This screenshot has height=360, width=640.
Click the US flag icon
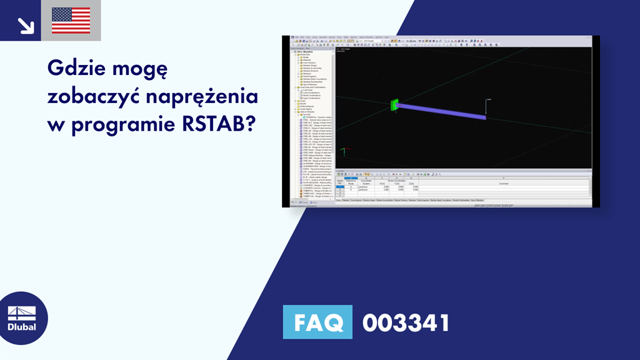(x=71, y=21)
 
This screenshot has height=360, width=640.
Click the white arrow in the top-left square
(x=26, y=25)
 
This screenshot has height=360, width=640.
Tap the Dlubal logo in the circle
(x=21, y=318)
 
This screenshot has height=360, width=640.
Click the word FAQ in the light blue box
(x=317, y=322)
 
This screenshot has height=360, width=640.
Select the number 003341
(x=406, y=322)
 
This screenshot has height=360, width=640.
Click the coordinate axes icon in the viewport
(x=342, y=151)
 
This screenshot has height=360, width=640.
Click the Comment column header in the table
(x=504, y=183)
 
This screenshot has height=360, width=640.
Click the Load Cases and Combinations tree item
(x=311, y=87)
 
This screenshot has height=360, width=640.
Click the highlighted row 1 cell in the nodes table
(x=340, y=187)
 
